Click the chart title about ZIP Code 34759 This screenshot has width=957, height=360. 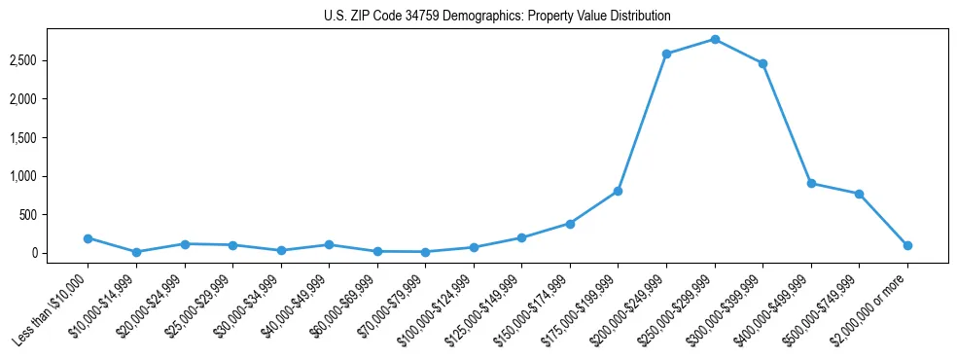(x=497, y=17)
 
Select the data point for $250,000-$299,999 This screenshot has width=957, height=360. (x=715, y=40)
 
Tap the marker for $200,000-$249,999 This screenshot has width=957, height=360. (x=666, y=54)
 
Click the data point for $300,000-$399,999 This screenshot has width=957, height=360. (x=762, y=64)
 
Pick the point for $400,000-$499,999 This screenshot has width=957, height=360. (x=811, y=184)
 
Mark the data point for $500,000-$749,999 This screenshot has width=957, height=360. (x=859, y=194)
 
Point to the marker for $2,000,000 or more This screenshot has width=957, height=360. (x=907, y=246)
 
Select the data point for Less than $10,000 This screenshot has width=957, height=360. (x=88, y=238)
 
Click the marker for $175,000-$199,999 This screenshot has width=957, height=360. (x=618, y=192)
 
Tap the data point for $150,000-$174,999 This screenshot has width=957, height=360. (x=570, y=224)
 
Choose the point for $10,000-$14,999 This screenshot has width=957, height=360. (x=136, y=252)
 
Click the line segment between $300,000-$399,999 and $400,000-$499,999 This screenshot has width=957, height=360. (x=787, y=124)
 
